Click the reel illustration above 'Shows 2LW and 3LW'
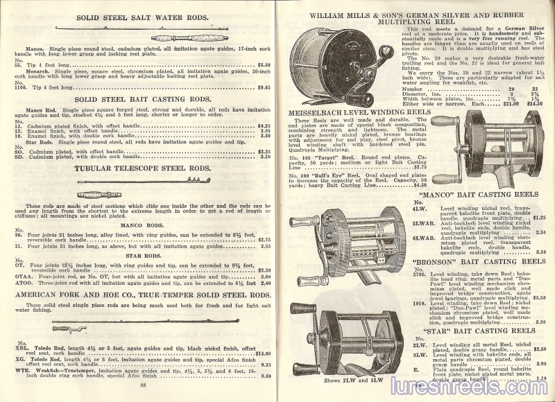(336, 340)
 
